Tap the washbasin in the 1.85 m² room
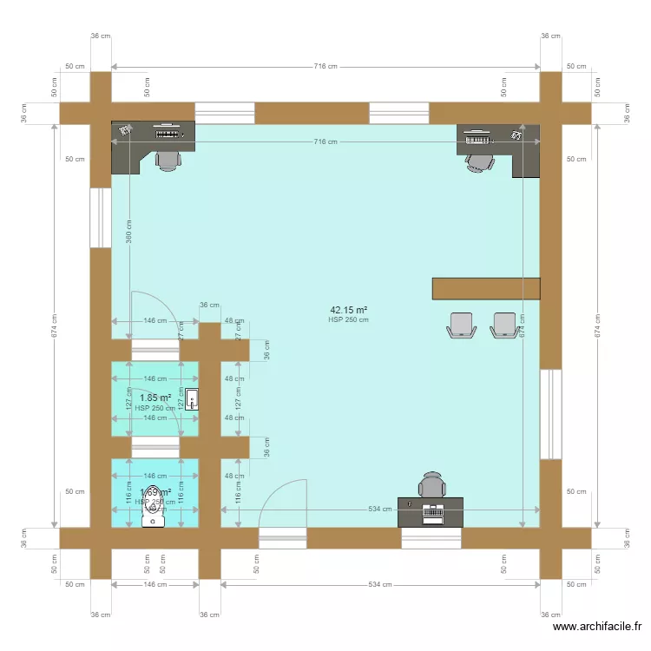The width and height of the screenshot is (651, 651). click(192, 399)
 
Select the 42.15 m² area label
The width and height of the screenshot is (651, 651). click(348, 309)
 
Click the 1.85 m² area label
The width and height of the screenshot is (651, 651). click(155, 398)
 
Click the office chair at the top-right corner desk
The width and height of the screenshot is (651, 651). click(478, 161)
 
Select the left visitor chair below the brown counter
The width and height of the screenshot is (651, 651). click(461, 325)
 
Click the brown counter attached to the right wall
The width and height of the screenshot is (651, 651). click(486, 289)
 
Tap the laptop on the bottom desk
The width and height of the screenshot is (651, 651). click(431, 512)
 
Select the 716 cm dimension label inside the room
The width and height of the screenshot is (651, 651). click(325, 141)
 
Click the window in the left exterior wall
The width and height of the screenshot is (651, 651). click(101, 217)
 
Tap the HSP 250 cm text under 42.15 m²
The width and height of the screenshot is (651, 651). click(348, 319)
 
